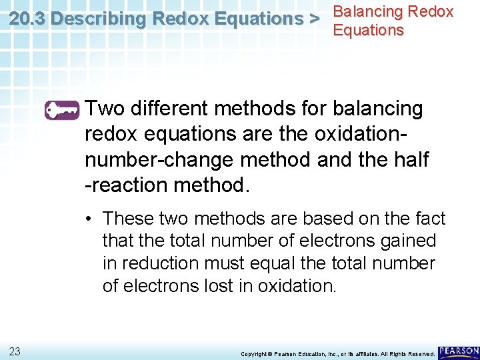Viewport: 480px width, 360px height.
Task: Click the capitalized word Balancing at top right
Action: [x=367, y=12]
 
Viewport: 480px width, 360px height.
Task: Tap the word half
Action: [x=411, y=160]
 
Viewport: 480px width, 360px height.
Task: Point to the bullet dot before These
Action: [x=89, y=219]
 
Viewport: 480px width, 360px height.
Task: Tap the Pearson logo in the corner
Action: [x=458, y=351]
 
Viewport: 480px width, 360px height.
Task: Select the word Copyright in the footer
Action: [x=254, y=353]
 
